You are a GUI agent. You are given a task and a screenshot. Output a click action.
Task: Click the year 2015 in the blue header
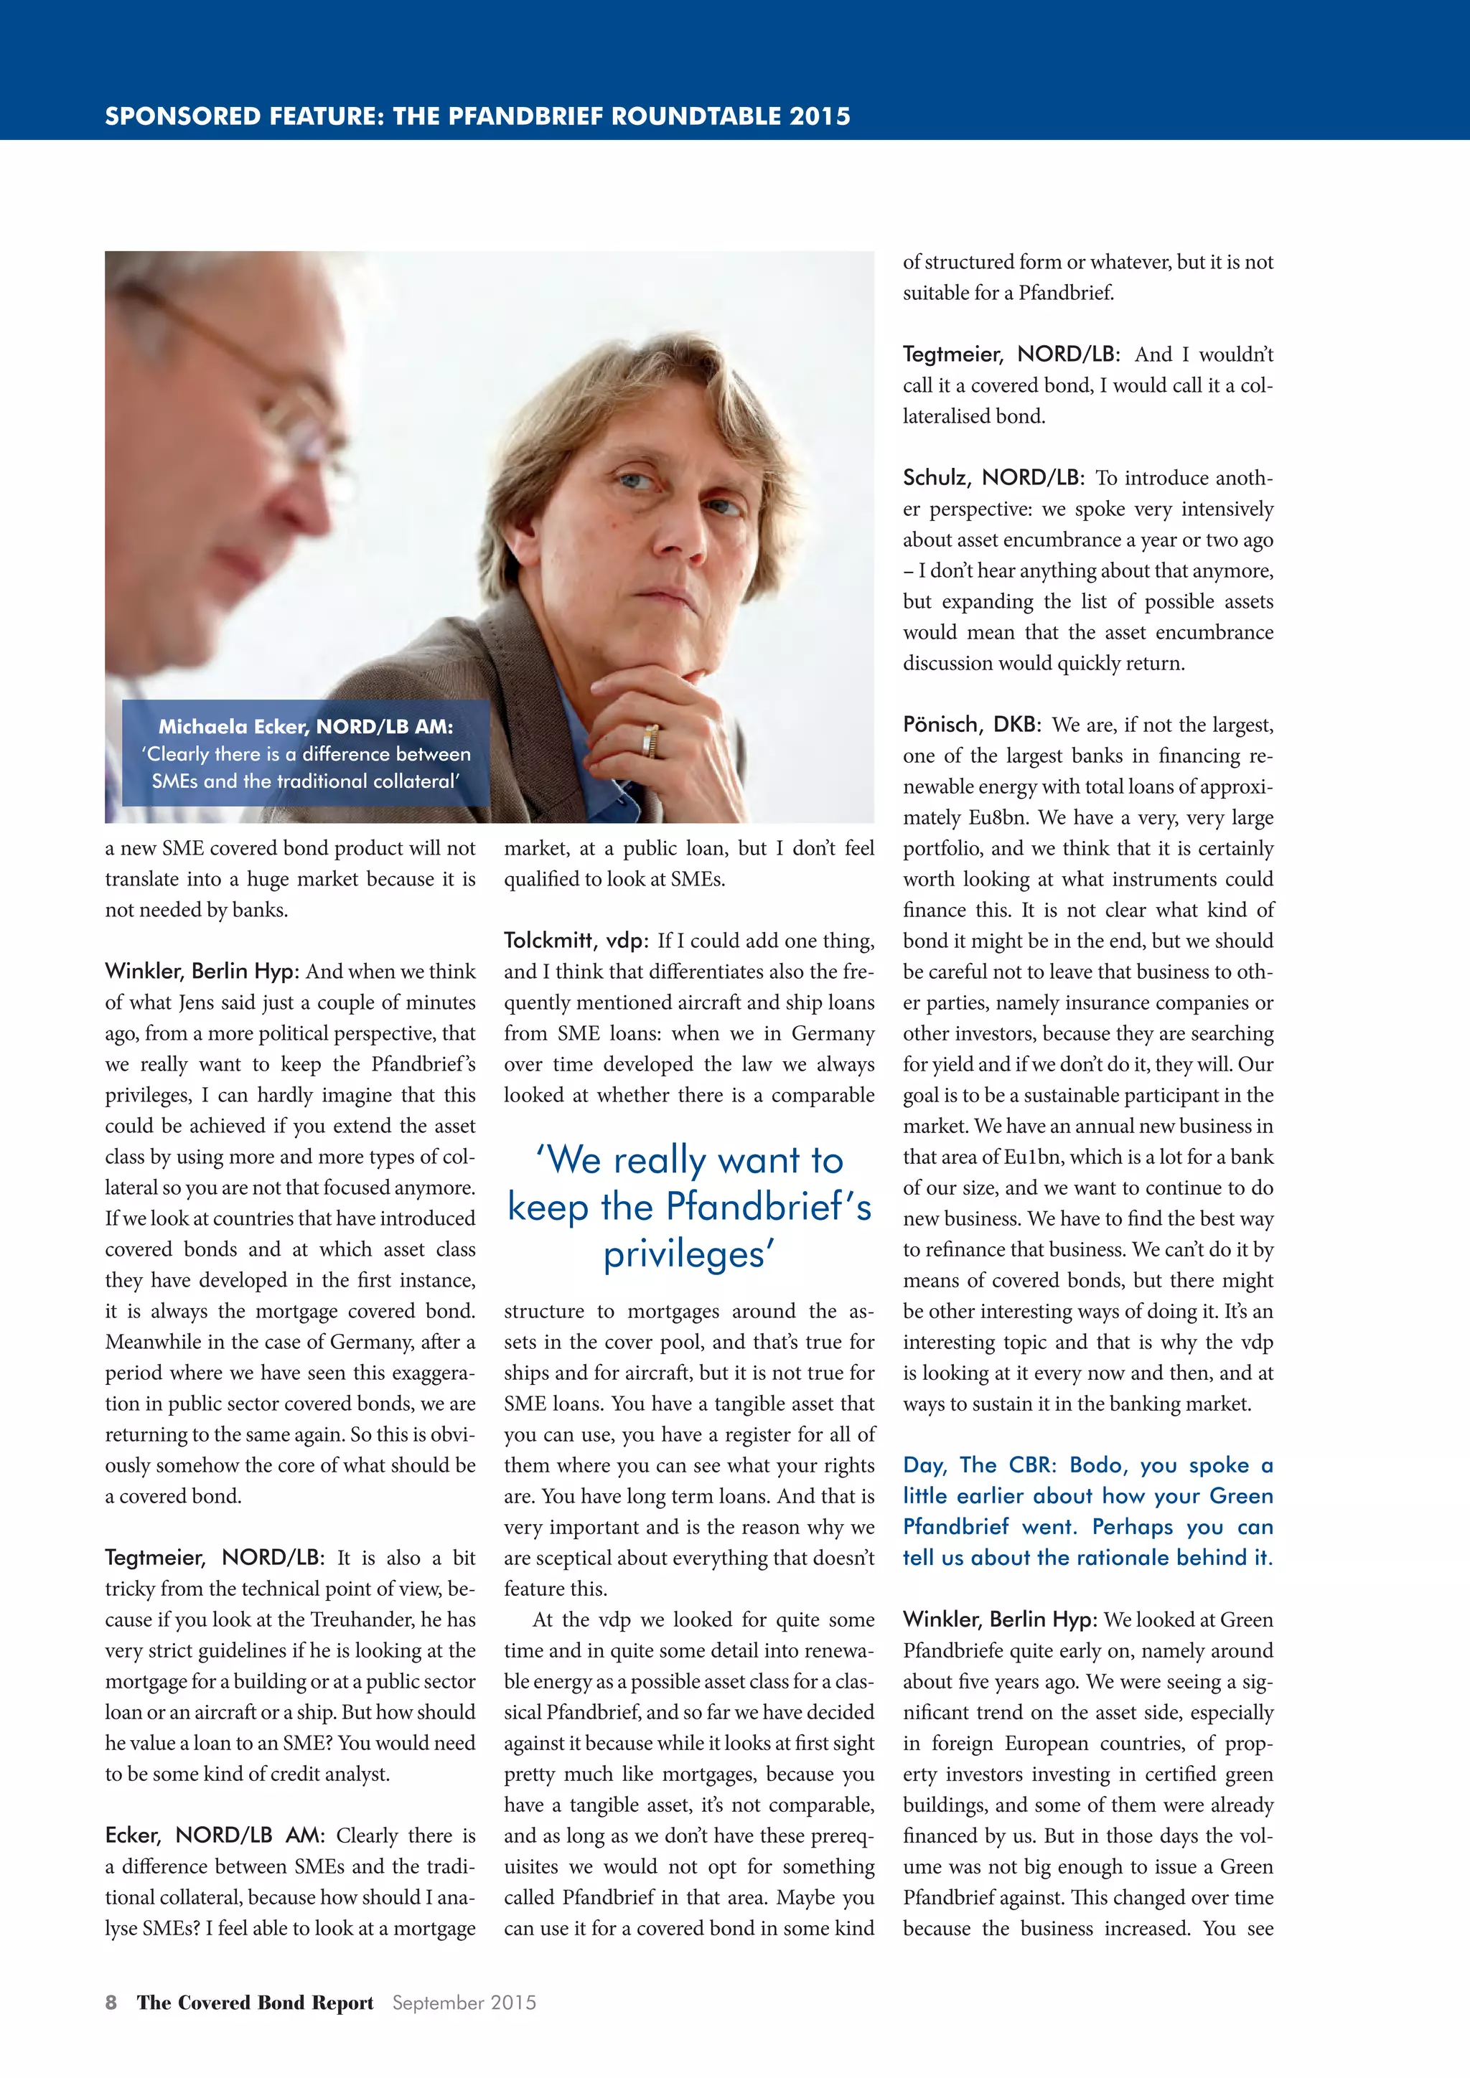tap(819, 116)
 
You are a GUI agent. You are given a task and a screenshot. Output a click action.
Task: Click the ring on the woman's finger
tap(650, 741)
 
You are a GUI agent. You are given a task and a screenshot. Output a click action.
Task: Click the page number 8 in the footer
tap(111, 2002)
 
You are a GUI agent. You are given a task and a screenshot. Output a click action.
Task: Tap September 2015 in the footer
tap(464, 2002)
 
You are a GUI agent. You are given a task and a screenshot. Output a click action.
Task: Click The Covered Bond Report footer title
tap(256, 2002)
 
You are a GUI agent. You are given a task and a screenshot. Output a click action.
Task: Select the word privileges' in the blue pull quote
tap(689, 1254)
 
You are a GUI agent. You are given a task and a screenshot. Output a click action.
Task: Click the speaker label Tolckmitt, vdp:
tap(576, 941)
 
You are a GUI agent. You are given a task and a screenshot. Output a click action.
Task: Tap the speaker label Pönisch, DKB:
tap(971, 724)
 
